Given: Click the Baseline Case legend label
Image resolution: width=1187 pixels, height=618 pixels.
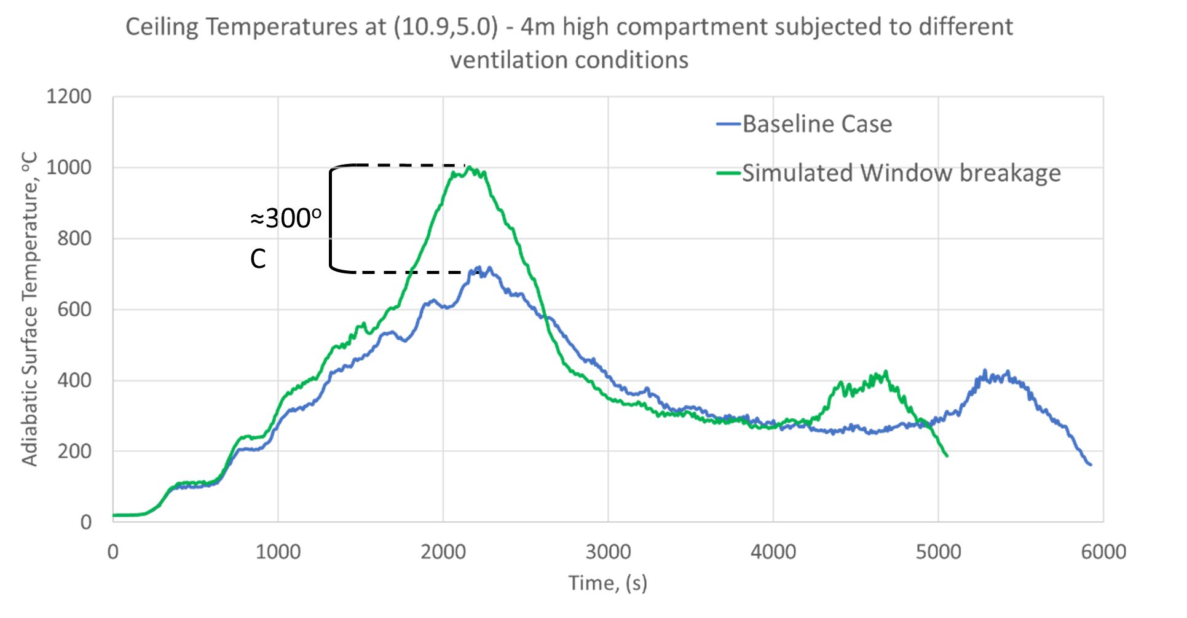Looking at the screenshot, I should (x=817, y=124).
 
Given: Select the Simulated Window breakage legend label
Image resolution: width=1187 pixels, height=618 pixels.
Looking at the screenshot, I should (x=901, y=173).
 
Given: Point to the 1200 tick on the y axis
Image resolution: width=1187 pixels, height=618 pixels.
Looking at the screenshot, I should (x=69, y=96).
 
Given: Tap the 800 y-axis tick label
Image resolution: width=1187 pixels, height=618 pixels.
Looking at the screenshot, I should (x=74, y=238).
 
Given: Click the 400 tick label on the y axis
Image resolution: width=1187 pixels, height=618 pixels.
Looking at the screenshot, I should (x=74, y=380).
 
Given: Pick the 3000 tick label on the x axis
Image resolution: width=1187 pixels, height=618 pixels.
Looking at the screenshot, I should (x=608, y=552).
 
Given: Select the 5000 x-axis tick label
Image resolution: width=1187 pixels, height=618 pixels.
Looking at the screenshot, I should (x=938, y=552).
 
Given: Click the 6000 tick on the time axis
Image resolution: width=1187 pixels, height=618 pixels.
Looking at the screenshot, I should (x=1103, y=552).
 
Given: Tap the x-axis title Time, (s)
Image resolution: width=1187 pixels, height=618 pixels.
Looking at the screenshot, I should (x=607, y=582).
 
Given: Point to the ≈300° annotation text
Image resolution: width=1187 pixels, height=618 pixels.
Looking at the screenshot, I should (x=285, y=219).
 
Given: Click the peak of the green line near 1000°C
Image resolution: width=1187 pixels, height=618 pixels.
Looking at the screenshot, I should (x=469, y=166).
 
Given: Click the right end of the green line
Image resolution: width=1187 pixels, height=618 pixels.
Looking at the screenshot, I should (x=947, y=456).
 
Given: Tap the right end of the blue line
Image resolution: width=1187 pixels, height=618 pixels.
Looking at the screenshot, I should (x=1090, y=465).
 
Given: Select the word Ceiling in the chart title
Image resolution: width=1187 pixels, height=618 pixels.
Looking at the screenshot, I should (x=162, y=27).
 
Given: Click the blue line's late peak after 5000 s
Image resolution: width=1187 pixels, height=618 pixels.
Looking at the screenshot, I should (x=985, y=370).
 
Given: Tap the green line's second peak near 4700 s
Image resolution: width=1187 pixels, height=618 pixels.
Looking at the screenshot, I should (x=886, y=371).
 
